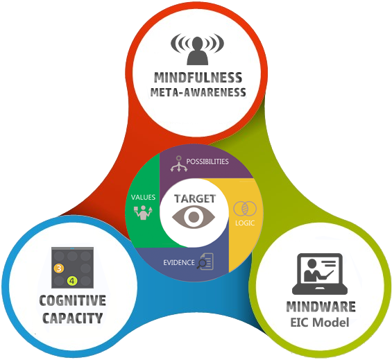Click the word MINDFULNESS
tap(199, 77)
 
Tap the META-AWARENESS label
tap(199, 92)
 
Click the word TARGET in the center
tap(195, 198)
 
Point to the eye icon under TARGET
tap(195, 217)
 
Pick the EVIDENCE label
tap(178, 263)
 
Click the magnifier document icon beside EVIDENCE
tap(207, 262)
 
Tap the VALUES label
tap(143, 197)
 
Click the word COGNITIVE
tap(72, 300)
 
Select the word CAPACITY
tap(72, 318)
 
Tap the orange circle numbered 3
tap(59, 268)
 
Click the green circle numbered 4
tap(72, 281)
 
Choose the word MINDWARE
tap(321, 306)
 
